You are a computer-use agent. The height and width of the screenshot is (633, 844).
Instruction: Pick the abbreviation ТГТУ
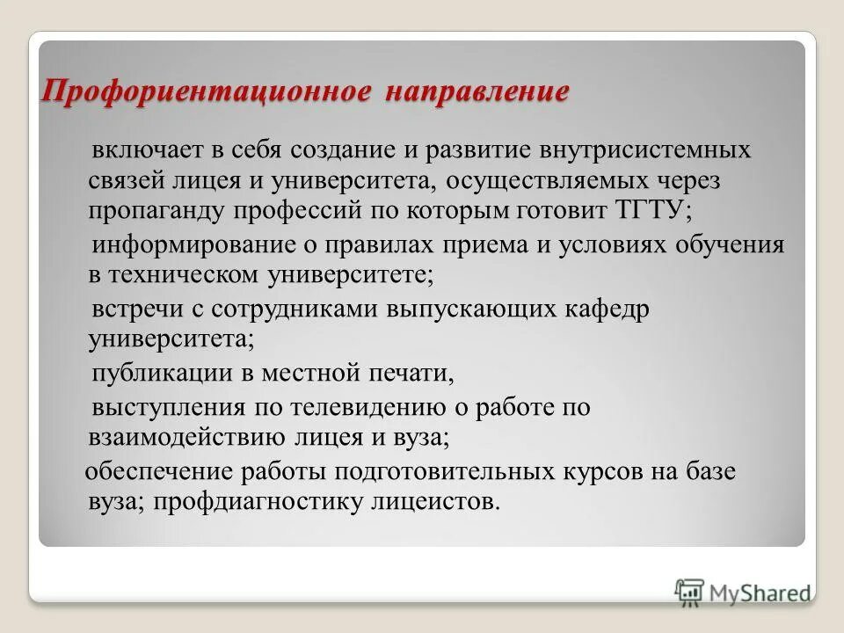pos(631,211)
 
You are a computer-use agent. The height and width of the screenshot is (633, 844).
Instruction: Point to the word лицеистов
pos(431,502)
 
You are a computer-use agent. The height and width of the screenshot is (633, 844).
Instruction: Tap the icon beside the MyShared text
pos(689,592)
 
